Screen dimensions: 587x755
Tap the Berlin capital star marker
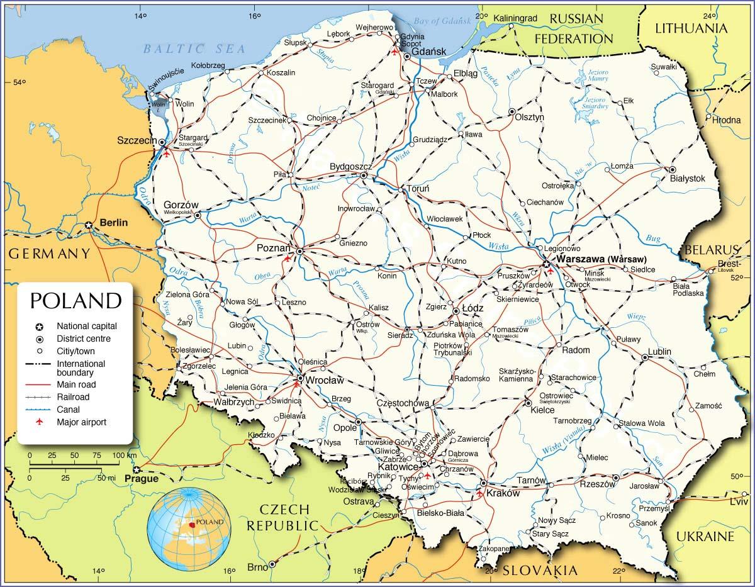[x=89, y=225]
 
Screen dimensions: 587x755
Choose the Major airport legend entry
[x=81, y=422]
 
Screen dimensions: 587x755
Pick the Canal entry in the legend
[x=68, y=410]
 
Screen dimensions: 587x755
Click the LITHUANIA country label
[x=691, y=28]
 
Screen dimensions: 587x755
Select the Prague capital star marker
[x=136, y=470]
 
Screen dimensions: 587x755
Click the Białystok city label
[x=687, y=179]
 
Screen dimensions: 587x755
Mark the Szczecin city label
[x=137, y=141]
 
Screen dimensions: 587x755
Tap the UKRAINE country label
[x=705, y=536]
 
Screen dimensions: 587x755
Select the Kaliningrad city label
[x=515, y=18]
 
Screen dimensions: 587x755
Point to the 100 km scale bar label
[x=123, y=455]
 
